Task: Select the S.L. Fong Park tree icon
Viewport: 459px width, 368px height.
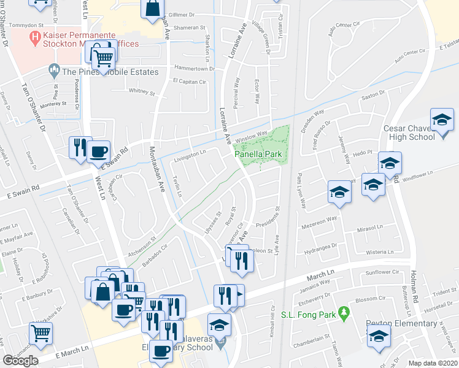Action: click(344, 314)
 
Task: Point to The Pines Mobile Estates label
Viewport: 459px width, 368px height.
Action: click(110, 72)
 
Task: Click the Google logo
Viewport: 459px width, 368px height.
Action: click(20, 361)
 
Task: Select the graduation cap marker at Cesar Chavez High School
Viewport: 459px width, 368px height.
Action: click(441, 120)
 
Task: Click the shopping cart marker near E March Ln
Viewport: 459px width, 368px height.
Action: click(41, 333)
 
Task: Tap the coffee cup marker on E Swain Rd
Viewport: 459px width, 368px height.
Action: click(98, 151)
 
